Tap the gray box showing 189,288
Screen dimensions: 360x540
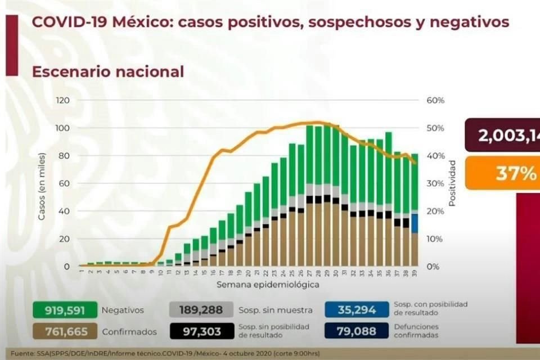[x=200, y=309]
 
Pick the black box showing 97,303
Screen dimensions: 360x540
[x=200, y=331]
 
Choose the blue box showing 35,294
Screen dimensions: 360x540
[x=357, y=309]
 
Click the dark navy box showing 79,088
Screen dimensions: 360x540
[x=357, y=331]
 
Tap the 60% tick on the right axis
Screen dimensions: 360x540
[x=435, y=100]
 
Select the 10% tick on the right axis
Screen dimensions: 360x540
[x=435, y=238]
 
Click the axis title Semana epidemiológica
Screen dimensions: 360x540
[x=268, y=285]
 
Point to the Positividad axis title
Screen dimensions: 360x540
[x=453, y=183]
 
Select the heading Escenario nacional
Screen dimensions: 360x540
[x=107, y=72]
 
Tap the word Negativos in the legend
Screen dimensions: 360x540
[x=123, y=309]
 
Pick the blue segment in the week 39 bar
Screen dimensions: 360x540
[x=414, y=223]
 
